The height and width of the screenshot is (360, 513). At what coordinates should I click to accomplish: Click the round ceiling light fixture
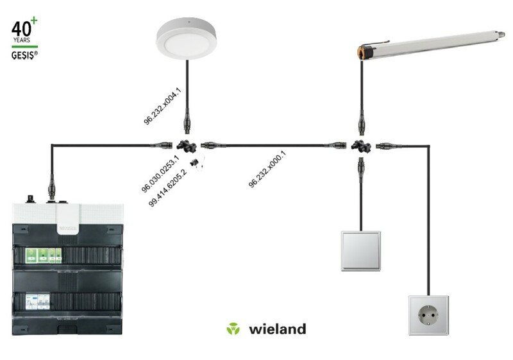186,39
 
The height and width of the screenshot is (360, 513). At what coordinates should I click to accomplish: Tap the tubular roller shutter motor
431,45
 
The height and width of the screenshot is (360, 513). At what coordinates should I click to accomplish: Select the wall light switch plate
361,251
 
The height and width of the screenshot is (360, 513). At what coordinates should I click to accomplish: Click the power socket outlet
428,316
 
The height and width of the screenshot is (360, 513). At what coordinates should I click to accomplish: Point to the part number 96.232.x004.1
162,106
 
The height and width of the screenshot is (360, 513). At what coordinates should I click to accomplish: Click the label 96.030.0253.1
160,174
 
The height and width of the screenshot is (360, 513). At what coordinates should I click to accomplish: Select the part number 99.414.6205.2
167,188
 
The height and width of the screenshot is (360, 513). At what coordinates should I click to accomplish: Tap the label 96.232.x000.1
267,169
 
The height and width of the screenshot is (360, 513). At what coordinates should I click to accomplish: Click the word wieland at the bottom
278,329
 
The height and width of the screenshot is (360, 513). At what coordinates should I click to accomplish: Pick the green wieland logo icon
233,329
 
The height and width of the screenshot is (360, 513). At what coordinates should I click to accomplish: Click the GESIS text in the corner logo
23,55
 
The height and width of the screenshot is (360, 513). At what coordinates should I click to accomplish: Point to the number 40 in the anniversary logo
21,29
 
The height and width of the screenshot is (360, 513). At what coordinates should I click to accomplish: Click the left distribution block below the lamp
187,146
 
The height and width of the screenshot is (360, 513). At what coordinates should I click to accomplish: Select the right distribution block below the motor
361,146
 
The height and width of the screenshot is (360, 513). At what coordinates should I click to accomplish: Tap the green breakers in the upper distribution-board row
44,255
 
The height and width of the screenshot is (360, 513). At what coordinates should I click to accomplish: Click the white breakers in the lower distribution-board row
38,302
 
